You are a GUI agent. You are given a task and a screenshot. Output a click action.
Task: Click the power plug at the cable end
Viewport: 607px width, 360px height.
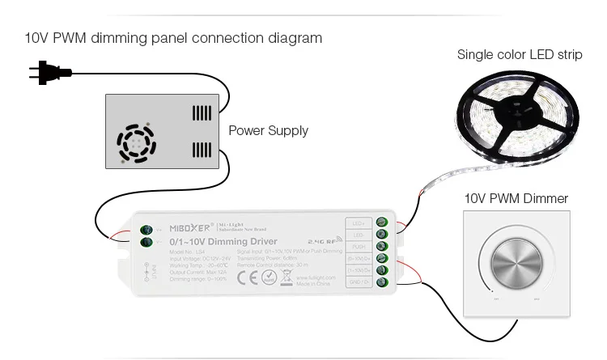49,73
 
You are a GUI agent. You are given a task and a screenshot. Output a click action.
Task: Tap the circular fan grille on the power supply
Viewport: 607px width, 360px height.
136,143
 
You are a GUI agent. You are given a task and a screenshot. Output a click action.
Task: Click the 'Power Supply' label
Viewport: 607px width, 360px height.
268,130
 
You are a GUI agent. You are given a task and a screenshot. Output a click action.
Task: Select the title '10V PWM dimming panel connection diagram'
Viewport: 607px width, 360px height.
173,38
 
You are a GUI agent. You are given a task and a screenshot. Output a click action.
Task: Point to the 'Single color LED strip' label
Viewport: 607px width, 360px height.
519,55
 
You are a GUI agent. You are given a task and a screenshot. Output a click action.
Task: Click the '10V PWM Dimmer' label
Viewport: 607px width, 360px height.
516,198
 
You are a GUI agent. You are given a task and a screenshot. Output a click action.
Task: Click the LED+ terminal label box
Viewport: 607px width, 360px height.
358,222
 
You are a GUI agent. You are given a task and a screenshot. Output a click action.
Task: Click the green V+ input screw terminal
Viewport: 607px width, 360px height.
147,227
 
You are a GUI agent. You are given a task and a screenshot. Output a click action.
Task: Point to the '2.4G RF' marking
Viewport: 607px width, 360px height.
325,239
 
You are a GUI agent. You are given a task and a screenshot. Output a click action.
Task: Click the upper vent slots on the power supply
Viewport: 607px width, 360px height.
201,112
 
